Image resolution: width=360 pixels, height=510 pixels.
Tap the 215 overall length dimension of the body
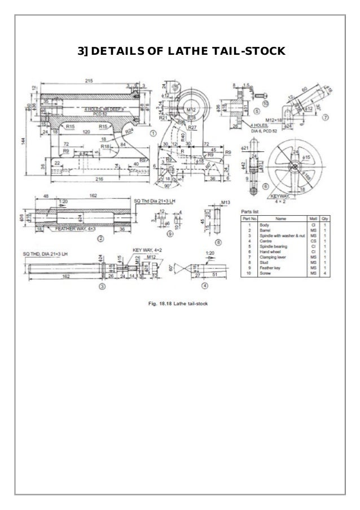tap(89, 81)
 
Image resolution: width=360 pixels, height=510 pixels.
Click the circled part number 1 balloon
tap(153, 133)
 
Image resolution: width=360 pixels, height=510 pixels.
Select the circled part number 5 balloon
tap(256, 112)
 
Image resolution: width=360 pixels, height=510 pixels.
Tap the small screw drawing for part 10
tap(255, 89)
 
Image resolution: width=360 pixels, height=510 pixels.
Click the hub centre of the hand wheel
tap(295, 164)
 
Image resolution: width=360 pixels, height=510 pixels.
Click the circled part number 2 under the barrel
tap(99, 238)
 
